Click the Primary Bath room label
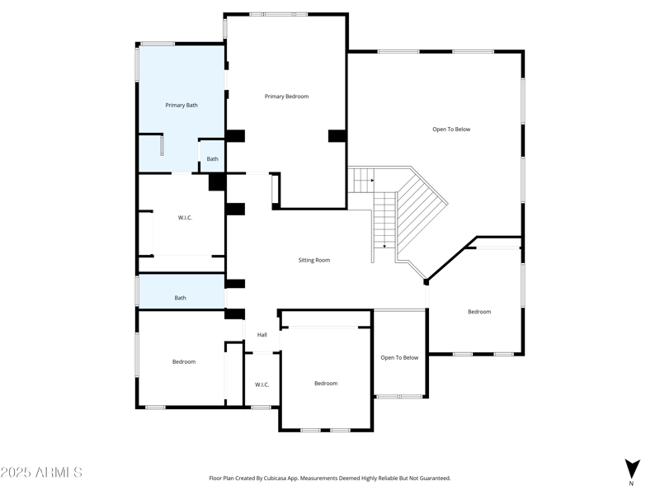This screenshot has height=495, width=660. [x=181, y=105]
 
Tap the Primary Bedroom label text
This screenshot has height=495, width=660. [x=286, y=97]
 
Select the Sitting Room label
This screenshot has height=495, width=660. [x=313, y=260]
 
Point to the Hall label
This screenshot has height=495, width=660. [x=262, y=335]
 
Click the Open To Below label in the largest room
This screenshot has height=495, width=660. [x=451, y=129]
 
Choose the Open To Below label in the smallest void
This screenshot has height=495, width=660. [x=399, y=357]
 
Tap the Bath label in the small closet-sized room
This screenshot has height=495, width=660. [x=213, y=158]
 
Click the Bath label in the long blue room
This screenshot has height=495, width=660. [x=180, y=298]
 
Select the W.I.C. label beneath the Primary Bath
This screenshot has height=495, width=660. [x=186, y=218]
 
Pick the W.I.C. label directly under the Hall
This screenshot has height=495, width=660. [x=262, y=384]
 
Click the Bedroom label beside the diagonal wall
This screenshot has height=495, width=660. [x=479, y=311]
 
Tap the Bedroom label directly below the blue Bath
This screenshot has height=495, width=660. [x=184, y=361]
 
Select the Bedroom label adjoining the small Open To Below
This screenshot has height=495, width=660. [x=326, y=383]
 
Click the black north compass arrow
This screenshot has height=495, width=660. [x=632, y=468]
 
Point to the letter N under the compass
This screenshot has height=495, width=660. [x=632, y=483]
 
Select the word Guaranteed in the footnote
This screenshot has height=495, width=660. [x=434, y=478]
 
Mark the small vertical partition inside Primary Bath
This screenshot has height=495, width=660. [x=162, y=144]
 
